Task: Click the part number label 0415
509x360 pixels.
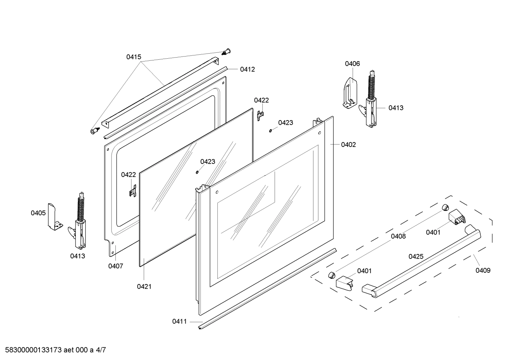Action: (134, 57)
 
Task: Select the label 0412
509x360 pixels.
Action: (247, 69)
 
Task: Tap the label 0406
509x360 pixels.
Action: (352, 64)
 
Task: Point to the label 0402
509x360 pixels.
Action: (348, 144)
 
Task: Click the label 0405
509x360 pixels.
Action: (38, 213)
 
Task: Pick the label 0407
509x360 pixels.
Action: (116, 266)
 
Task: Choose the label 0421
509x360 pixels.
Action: (144, 287)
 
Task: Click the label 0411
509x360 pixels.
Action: (180, 321)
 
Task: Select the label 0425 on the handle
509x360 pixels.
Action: (416, 256)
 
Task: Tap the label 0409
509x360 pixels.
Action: (483, 270)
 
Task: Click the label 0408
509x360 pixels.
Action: (398, 236)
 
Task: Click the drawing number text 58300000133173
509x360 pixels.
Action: (33, 350)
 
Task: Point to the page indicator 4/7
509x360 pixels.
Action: (101, 350)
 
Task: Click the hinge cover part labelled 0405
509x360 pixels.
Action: (54, 217)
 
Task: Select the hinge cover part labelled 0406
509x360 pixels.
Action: (349, 93)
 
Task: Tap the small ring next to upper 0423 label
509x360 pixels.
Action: (270, 131)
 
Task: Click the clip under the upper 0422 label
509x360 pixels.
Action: (261, 116)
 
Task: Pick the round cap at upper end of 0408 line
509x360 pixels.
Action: (445, 207)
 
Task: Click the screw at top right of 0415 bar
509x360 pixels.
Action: (226, 52)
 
